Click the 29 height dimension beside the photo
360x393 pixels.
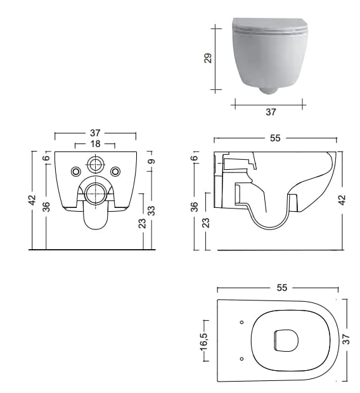click(x=208, y=58)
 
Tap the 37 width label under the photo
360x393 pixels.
click(x=271, y=112)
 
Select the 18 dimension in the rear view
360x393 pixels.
click(x=95, y=144)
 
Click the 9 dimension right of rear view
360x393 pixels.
click(x=151, y=161)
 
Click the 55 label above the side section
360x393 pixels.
click(x=275, y=138)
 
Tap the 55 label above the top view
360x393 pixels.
click(x=282, y=288)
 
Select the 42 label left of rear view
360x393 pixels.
click(x=32, y=200)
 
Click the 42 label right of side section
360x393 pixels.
click(x=342, y=200)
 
